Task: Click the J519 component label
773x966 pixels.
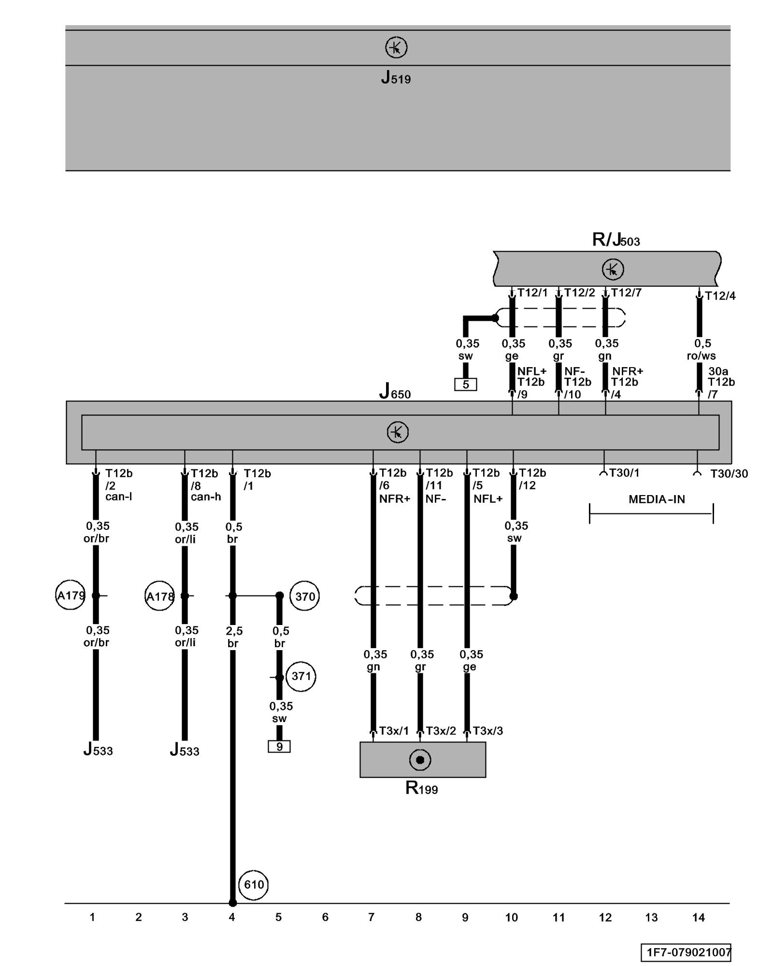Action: [x=396, y=77]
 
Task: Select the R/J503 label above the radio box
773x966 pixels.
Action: [x=616, y=240]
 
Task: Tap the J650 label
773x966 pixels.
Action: [x=395, y=391]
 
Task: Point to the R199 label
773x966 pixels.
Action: [x=421, y=788]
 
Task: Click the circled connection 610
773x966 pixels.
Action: [x=254, y=884]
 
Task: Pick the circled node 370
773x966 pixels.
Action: [x=305, y=597]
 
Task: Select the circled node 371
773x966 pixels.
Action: [x=301, y=676]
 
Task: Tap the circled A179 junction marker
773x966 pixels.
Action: [x=71, y=596]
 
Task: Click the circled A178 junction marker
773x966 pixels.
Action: [x=160, y=597]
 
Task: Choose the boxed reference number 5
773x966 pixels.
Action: [x=466, y=384]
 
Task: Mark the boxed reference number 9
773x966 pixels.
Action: [x=279, y=746]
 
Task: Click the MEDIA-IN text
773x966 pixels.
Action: [x=657, y=499]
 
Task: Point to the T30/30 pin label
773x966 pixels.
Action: [x=729, y=474]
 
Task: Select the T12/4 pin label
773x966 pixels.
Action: [x=720, y=296]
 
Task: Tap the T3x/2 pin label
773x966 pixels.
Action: [x=441, y=731]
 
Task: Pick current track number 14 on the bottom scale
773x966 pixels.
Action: [x=698, y=917]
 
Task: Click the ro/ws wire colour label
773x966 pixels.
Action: [x=701, y=356]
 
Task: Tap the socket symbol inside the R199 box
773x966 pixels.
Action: [x=420, y=760]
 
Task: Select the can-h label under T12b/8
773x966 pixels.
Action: [x=206, y=497]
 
